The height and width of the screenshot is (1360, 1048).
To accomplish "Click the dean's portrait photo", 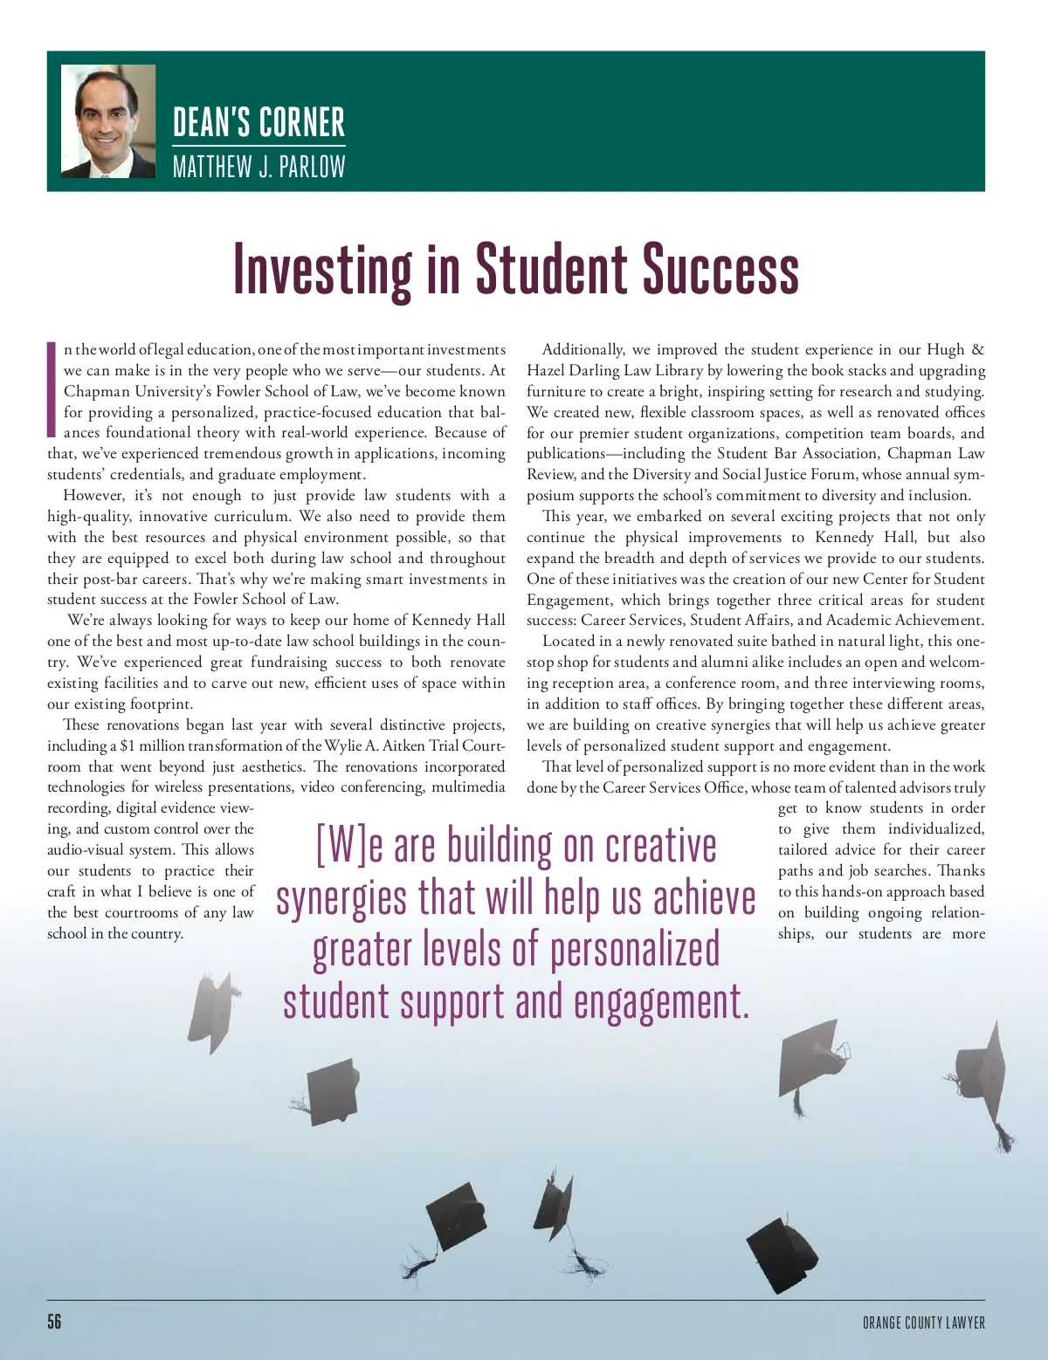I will [x=108, y=120].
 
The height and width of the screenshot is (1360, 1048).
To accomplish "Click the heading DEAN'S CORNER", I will [x=259, y=122].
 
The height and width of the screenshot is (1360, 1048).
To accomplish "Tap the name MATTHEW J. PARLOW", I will [x=259, y=166].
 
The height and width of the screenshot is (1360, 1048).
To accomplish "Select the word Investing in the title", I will [x=322, y=270].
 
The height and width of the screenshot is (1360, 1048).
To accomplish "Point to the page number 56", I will [x=54, y=1321].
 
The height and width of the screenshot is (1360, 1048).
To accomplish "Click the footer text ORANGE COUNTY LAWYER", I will [x=923, y=1322].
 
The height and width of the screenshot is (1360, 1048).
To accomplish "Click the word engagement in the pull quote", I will [x=661, y=1002].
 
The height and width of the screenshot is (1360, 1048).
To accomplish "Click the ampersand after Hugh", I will [x=977, y=349].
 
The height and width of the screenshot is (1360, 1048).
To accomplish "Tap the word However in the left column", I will [x=93, y=495].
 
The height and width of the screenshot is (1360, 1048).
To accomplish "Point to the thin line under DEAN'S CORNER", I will [x=259, y=145].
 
